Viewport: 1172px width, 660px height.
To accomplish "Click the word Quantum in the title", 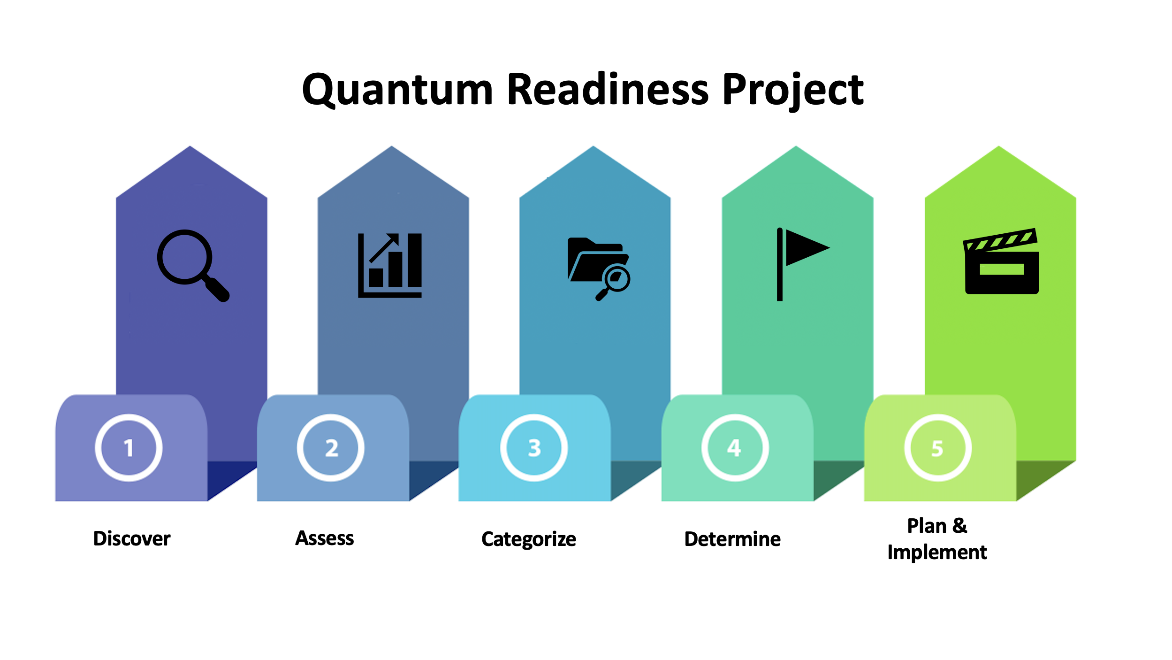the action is pos(397,90).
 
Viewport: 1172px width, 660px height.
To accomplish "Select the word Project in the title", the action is pos(793,92).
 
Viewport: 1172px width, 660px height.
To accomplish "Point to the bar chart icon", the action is pos(390,265).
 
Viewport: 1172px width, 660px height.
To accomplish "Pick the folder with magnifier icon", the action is pos(599,269).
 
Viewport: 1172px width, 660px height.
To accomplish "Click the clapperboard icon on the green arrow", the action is pos(1001,261).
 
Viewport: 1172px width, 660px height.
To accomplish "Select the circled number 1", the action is pos(129,448).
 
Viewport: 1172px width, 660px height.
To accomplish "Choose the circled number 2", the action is pos(331,448).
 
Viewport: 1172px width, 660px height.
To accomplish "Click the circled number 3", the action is pos(534,448).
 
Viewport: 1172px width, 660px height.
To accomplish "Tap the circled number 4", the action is pos(735,448).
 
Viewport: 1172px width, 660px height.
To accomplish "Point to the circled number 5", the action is pos(938,448).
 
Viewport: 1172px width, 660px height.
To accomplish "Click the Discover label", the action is pos(132,538).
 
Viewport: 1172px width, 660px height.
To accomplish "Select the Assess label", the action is pos(325,538).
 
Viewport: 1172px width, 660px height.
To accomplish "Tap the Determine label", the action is pos(733,539).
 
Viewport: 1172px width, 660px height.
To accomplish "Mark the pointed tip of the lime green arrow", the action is pos(999,146).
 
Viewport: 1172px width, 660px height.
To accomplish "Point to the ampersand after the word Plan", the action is pos(960,526).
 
